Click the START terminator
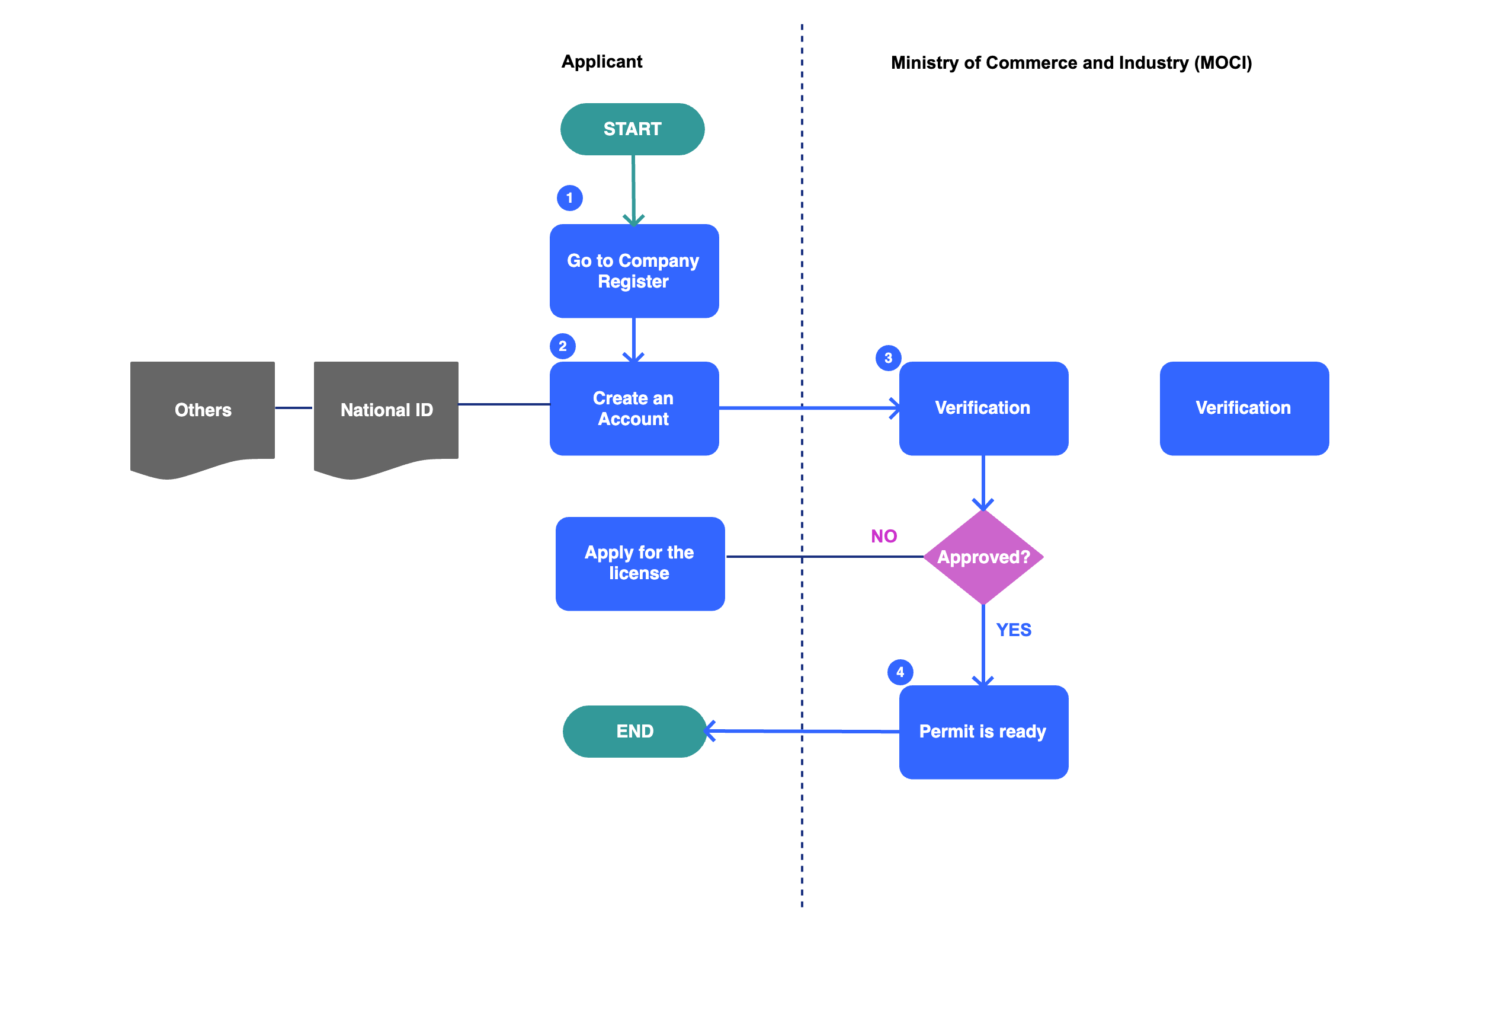632,129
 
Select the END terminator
634,731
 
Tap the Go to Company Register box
634,271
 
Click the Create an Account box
634,408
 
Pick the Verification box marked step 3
983,408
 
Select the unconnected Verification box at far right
1243,408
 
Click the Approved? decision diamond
983,557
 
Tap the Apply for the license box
640,563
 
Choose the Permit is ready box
983,732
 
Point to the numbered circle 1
569,197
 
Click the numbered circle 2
562,346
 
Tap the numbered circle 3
888,357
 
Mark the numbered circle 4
900,672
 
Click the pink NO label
884,536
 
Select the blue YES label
1014,630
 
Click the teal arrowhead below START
633,219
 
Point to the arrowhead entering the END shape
709,731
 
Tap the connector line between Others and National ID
294,407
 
